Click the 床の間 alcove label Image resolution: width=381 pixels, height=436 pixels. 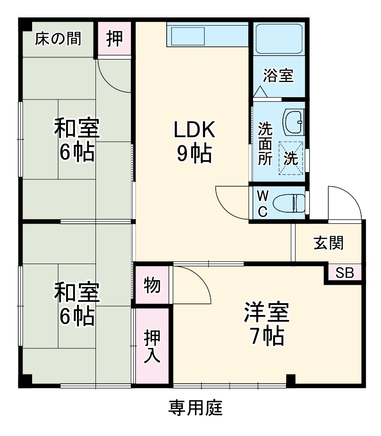tap(58, 39)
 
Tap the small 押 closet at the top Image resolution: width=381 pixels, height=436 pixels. tap(115, 39)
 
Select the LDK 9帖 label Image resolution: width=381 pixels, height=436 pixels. tap(194, 142)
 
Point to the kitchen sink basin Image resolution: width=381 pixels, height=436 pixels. tap(187, 36)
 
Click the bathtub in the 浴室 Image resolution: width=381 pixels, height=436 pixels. tap(279, 39)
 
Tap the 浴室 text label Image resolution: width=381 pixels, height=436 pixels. tap(279, 75)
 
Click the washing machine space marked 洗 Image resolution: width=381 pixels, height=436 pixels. tap(291, 158)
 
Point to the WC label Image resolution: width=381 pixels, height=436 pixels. tap(262, 203)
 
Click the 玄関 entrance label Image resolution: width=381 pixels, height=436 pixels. tap(329, 243)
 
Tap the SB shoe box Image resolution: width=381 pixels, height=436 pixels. tap(344, 273)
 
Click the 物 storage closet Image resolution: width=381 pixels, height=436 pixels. tap(152, 285)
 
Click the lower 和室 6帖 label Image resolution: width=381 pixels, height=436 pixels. tap(77, 304)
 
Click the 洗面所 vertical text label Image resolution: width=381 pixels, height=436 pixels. tap(265, 143)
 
